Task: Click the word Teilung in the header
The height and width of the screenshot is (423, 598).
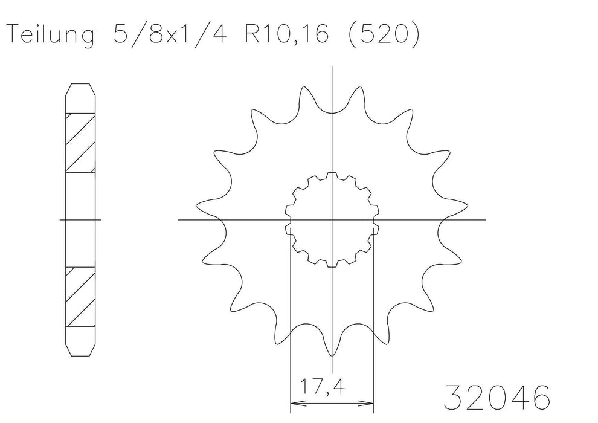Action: (x=50, y=36)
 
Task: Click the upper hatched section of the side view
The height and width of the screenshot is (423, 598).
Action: (x=80, y=142)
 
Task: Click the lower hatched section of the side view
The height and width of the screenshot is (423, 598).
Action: (x=80, y=296)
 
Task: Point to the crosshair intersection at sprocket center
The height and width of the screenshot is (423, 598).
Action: (x=332, y=219)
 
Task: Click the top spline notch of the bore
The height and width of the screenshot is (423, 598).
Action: (x=332, y=175)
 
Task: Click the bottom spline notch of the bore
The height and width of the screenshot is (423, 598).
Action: (x=332, y=264)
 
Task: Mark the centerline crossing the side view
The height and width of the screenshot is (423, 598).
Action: (x=80, y=219)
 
